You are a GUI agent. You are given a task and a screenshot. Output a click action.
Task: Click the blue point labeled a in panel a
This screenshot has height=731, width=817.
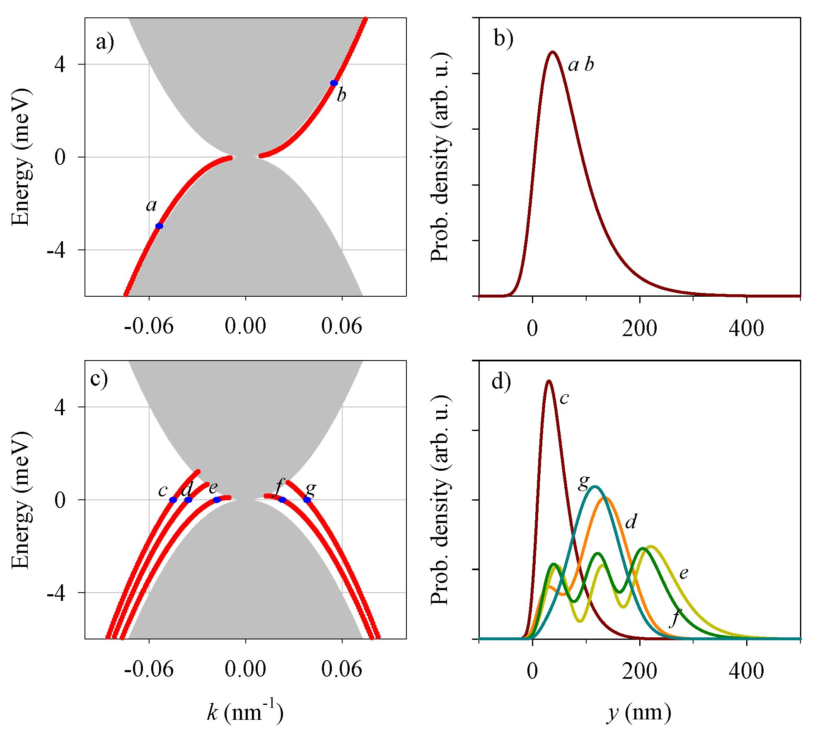[159, 226]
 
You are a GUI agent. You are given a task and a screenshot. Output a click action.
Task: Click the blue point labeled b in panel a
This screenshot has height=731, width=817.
[334, 83]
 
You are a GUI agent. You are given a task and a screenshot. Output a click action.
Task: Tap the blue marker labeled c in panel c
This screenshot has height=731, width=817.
[173, 500]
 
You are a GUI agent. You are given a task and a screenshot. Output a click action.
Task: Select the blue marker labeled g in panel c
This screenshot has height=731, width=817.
[307, 500]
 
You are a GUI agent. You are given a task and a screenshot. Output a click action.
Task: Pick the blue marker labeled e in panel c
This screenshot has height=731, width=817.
[217, 500]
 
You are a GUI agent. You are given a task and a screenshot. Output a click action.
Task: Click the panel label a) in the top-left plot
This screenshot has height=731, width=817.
[105, 42]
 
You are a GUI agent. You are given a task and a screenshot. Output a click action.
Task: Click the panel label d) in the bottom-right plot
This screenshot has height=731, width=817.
[501, 381]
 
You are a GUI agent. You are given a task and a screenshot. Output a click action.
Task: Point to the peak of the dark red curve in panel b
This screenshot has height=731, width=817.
[552, 52]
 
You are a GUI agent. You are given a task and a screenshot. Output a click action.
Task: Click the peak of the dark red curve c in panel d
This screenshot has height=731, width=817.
[549, 381]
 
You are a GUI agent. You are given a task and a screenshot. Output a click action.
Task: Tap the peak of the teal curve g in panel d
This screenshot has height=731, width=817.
[595, 486]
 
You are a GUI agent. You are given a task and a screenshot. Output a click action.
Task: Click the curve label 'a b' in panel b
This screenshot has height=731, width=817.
[581, 65]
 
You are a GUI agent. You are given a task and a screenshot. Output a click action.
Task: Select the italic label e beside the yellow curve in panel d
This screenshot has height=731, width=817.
[684, 573]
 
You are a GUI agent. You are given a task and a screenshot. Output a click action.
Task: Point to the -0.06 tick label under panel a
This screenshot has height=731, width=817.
[149, 327]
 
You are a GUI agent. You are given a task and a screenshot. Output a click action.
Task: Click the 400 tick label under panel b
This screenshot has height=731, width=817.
[747, 328]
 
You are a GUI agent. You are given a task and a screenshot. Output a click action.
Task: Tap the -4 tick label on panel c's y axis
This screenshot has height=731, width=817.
[56, 593]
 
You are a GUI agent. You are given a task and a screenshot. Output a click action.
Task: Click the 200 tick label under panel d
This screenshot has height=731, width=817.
[639, 670]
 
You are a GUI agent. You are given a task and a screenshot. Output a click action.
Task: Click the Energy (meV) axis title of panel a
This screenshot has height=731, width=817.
[21, 157]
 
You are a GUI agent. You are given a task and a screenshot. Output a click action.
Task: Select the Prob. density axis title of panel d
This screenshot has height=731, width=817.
[440, 500]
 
